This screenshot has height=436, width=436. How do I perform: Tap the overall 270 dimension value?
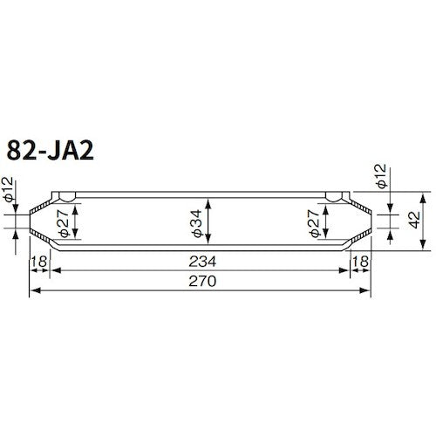201,282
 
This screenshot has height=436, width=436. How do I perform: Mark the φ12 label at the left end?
8,191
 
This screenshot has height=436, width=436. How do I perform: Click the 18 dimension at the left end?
38,262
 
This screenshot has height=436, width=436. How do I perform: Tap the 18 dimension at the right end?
358,262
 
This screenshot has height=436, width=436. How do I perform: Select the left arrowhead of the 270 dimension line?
34,291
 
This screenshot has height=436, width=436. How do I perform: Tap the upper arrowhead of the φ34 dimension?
208,199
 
